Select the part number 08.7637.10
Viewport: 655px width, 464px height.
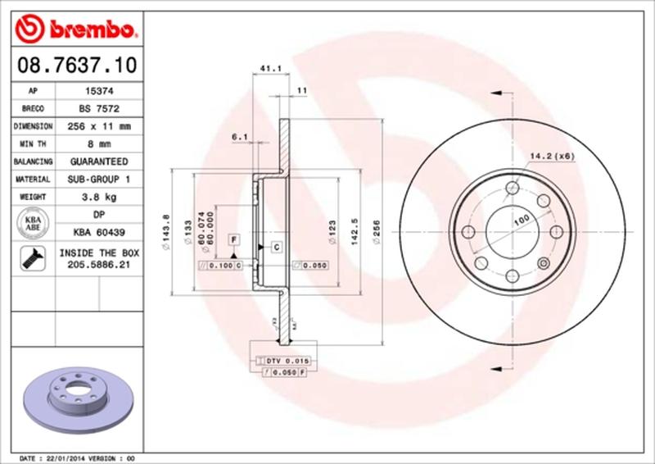click(x=75, y=63)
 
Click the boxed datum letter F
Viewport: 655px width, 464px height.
click(x=233, y=239)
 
